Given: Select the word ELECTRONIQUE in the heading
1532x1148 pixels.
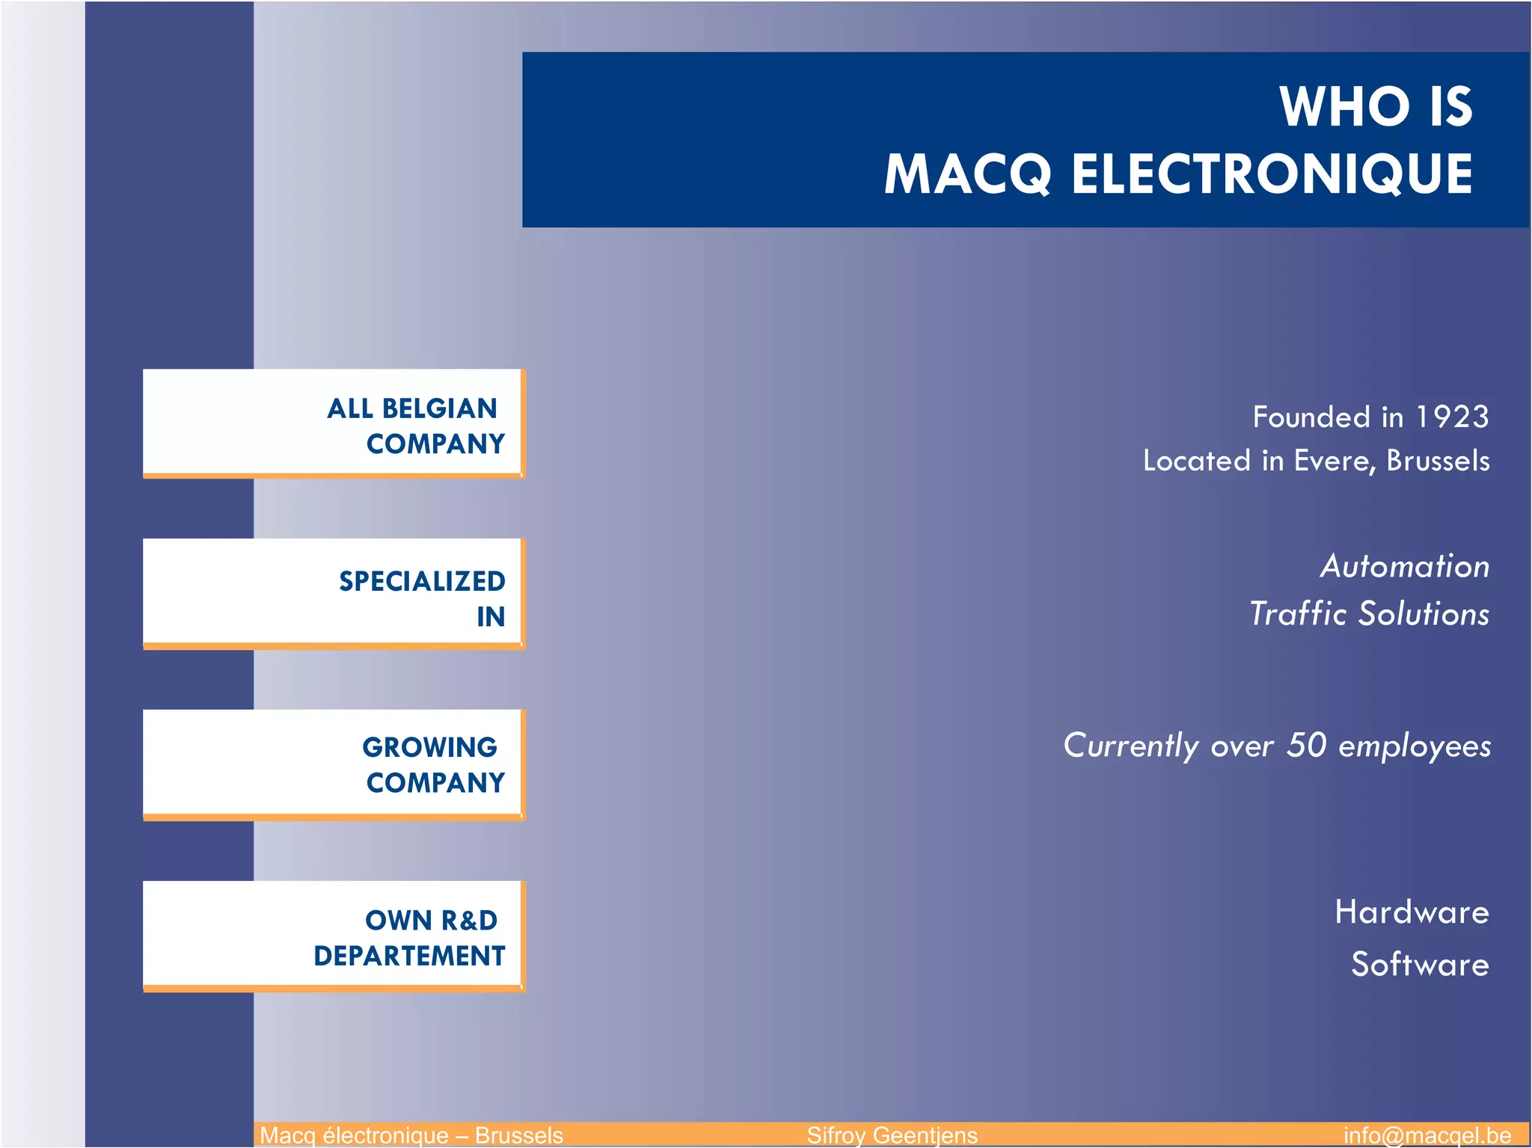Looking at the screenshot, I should pos(1272,175).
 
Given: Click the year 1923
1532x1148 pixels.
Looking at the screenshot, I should pos(1451,417).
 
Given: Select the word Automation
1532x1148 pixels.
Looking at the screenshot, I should pos(1405,566).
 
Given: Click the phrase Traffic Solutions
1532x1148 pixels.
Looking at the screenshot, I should pos(1369,614).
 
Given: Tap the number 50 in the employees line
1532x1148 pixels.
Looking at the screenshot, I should pos(1306,745).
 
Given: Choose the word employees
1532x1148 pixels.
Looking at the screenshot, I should pos(1415,746).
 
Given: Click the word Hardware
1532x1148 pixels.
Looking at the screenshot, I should pos(1412,912).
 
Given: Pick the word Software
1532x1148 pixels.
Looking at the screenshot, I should pos(1420,964).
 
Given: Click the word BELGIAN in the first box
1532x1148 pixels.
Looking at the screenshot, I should pos(439,409).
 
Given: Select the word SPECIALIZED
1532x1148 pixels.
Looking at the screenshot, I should pos(422,581).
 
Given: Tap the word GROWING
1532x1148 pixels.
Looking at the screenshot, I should pos(429,747).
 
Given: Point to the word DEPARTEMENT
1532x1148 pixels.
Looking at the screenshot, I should pos(409,956).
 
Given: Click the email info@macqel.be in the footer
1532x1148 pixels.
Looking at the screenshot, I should pos(1427,1135).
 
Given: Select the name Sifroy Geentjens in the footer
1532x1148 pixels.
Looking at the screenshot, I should pos(892,1135).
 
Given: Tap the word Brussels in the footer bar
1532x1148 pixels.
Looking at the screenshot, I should pos(518,1135).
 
